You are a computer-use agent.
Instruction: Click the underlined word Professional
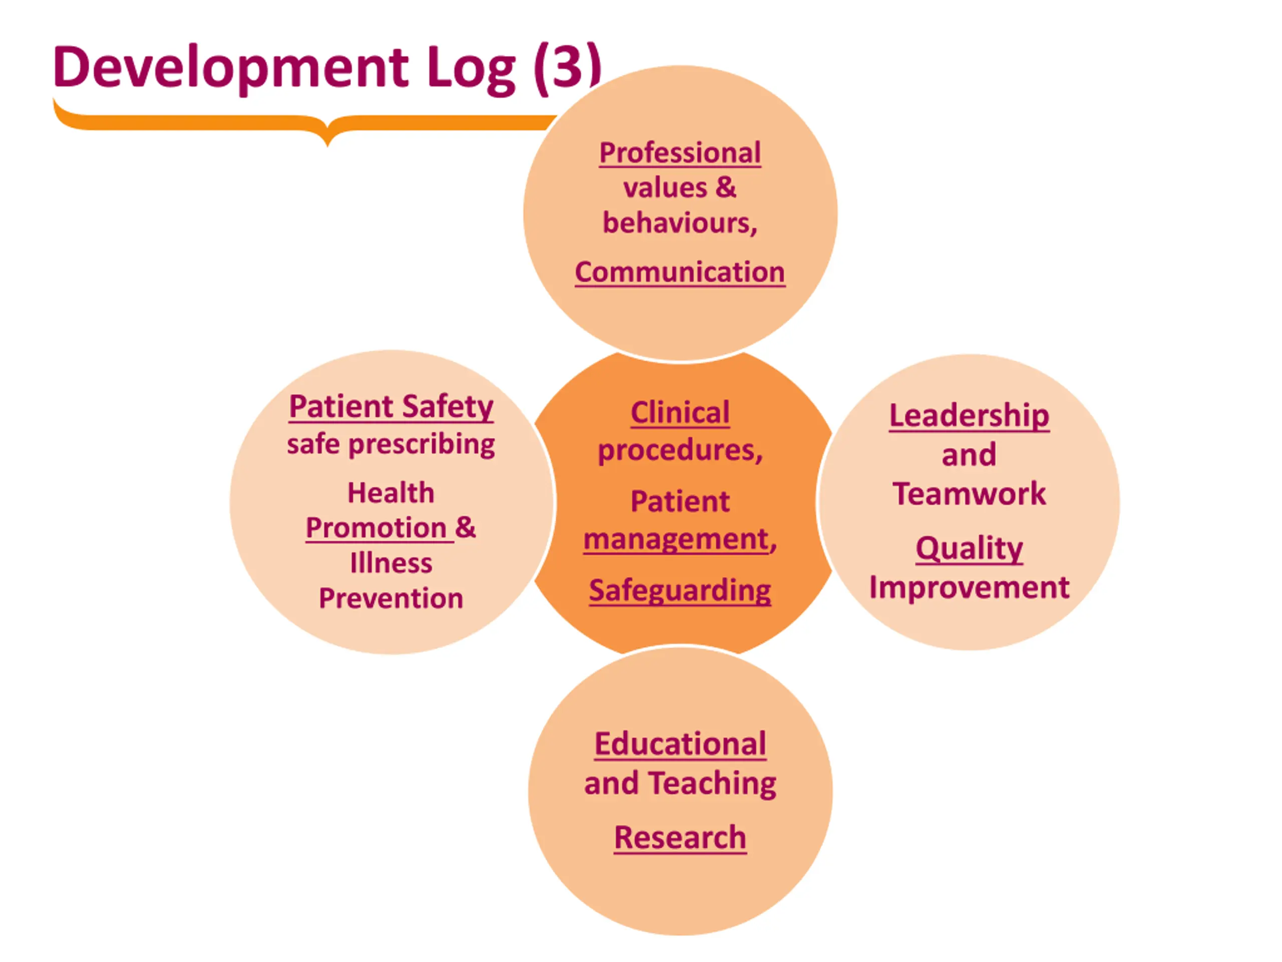[680, 153]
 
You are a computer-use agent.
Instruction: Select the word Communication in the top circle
[680, 272]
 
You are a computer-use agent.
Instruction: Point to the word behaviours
[678, 223]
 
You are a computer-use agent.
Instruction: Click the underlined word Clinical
[680, 413]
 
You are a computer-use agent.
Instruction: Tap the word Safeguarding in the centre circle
[680, 590]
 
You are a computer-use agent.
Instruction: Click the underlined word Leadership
[969, 415]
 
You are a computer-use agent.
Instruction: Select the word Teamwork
[969, 494]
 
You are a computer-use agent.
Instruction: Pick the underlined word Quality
[969, 548]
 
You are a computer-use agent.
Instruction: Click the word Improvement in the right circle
[969, 587]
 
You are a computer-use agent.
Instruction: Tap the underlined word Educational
[681, 744]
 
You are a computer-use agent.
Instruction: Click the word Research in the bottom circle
[680, 837]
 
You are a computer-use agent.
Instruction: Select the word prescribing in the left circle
[421, 445]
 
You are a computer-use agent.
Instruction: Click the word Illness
[391, 563]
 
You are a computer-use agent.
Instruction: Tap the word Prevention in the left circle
[391, 598]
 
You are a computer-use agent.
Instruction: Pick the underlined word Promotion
[376, 528]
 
